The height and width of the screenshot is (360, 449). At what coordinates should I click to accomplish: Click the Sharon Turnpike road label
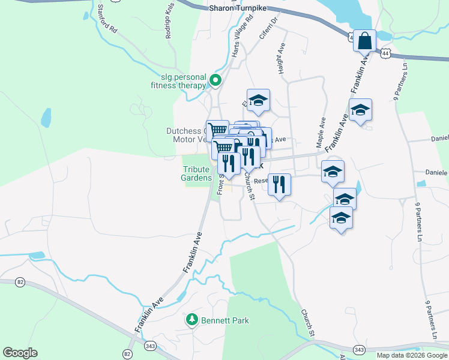(x=237, y=8)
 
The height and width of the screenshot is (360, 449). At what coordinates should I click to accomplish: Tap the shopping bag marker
(x=364, y=41)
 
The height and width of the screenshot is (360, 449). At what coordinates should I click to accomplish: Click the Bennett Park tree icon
(x=192, y=320)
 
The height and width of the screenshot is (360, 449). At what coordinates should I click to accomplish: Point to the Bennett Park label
(x=224, y=321)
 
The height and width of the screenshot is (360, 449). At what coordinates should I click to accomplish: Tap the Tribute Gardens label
(x=197, y=173)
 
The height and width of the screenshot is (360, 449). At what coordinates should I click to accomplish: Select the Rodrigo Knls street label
(x=169, y=24)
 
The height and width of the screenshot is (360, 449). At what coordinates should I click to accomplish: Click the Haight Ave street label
(x=281, y=58)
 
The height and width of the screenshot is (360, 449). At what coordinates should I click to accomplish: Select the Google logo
(x=20, y=353)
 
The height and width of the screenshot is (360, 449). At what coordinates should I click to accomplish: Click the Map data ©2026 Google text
(x=411, y=355)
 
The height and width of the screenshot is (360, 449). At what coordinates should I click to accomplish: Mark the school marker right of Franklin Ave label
(x=360, y=111)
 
